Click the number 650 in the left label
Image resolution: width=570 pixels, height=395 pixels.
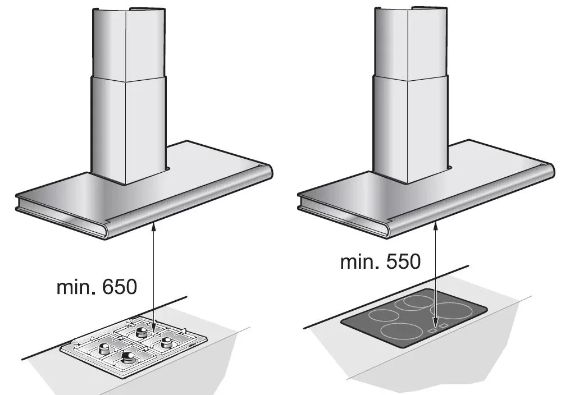(x=120, y=287)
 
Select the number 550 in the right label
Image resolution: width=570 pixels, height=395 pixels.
(x=403, y=261)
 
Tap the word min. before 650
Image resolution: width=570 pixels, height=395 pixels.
(x=76, y=287)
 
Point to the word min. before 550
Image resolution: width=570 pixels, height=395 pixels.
(x=359, y=261)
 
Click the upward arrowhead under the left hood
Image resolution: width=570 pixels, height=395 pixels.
(x=154, y=227)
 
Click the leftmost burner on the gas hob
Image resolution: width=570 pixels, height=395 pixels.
(x=104, y=349)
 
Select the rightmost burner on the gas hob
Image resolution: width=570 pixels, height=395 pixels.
(x=167, y=342)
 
